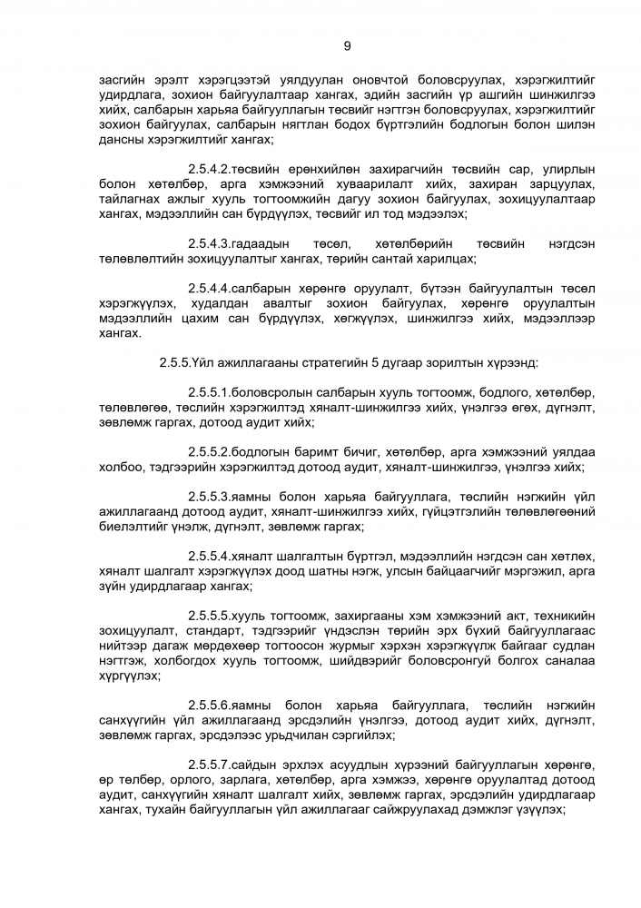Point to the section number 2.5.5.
pos(174,362)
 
